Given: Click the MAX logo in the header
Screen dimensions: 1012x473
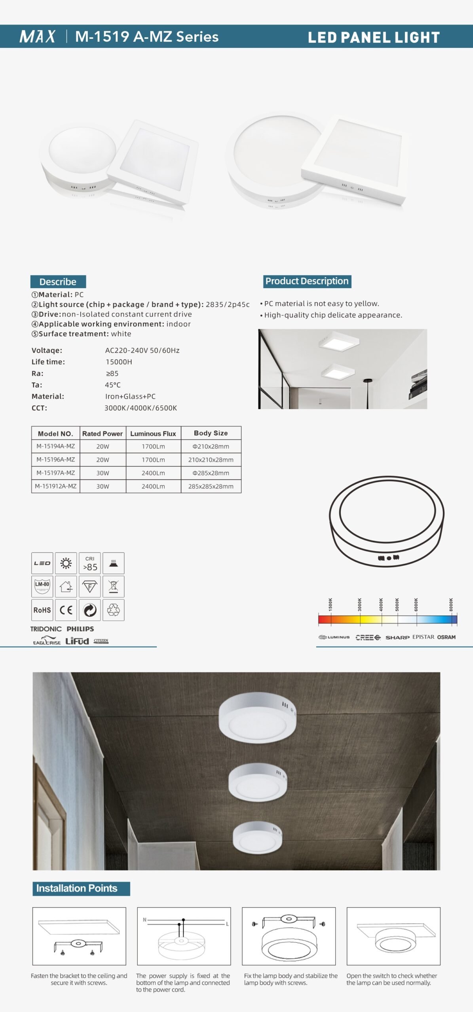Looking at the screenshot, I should click(x=38, y=36).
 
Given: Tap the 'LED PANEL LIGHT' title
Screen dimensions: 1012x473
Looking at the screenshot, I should click(x=374, y=38).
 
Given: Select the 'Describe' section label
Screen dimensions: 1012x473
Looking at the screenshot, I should click(x=58, y=282).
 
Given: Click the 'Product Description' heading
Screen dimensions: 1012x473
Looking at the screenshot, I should click(x=307, y=281).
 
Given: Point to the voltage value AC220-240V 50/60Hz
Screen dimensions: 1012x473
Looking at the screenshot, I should click(x=142, y=350).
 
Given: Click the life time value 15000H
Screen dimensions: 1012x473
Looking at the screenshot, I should click(x=119, y=362).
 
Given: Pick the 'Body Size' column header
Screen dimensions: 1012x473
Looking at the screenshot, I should click(x=211, y=433).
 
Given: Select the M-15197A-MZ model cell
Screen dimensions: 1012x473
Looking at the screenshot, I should click(x=55, y=473).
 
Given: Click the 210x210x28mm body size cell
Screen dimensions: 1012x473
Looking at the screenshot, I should click(x=211, y=460).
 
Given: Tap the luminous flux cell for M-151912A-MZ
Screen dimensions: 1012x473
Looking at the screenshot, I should click(x=153, y=486).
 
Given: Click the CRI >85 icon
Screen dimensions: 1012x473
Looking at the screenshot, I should click(x=90, y=563).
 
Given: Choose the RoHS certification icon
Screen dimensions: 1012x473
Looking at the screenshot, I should click(x=42, y=610).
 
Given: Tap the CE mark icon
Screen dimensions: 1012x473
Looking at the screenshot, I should click(x=66, y=610).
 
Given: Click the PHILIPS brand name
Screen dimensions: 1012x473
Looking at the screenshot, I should click(x=80, y=629).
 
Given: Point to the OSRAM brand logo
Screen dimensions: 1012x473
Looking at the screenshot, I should click(x=446, y=637).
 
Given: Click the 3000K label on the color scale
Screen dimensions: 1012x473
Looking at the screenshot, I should click(x=360, y=604).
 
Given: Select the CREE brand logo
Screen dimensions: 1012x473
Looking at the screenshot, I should click(x=368, y=637).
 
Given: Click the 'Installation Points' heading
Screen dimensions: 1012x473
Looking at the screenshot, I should click(x=77, y=888).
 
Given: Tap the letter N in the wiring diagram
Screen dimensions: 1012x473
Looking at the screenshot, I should click(x=144, y=920).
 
